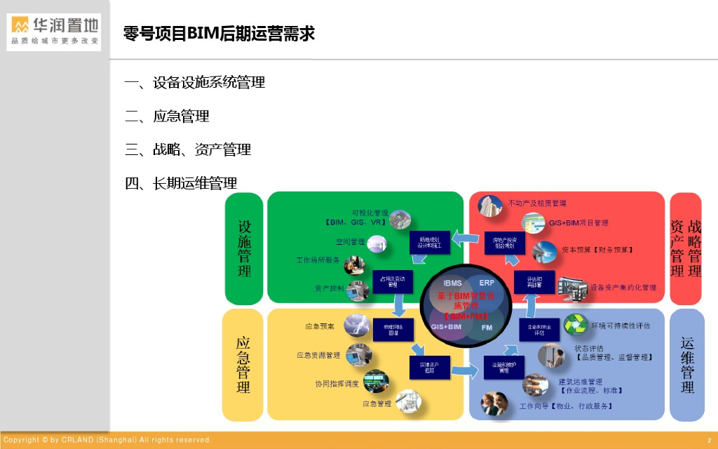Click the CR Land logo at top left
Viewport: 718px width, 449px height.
(x=54, y=32)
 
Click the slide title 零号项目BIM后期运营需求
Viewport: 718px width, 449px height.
(x=219, y=33)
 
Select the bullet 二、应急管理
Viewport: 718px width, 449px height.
(x=167, y=116)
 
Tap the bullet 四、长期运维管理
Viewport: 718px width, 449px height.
(x=181, y=183)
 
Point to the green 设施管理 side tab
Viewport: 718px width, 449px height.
(x=244, y=248)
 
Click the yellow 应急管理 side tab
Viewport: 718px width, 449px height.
(x=243, y=365)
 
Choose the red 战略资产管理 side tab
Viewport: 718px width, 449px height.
(x=686, y=248)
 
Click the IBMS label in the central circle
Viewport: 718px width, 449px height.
(x=452, y=282)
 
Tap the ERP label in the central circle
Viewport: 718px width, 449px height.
(x=487, y=282)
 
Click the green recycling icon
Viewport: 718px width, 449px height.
(x=576, y=325)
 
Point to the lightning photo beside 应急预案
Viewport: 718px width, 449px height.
(x=357, y=326)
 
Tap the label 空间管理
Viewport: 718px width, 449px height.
(x=350, y=242)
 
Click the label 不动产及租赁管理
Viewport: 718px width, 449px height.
(x=538, y=203)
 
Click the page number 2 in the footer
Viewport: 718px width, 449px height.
(x=708, y=440)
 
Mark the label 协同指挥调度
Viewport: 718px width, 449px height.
(x=337, y=384)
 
